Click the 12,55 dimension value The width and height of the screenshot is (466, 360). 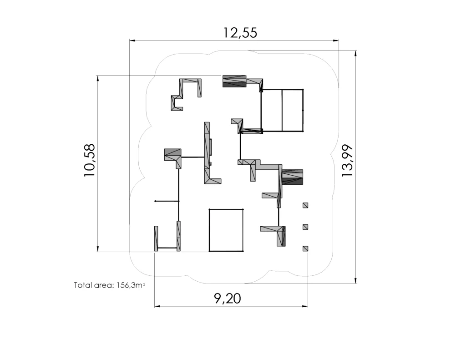pos(240,32)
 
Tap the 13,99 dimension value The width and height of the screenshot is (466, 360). pos(347,161)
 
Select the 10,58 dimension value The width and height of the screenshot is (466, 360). pos(90,160)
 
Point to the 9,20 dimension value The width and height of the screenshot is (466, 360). pos(228,298)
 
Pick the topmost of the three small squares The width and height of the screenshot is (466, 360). pos(305,205)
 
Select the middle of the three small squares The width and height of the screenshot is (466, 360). pos(305,227)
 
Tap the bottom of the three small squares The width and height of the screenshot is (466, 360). pos(305,248)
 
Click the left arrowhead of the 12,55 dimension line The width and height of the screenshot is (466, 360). pos(132,40)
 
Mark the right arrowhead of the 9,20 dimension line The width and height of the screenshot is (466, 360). pos(305,306)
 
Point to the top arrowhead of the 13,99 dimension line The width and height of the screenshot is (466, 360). pos(355,54)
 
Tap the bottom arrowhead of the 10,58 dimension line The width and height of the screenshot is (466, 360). pos(97,249)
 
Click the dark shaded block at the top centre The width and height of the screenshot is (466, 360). pos(234,81)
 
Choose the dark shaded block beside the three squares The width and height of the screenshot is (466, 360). pos(293,177)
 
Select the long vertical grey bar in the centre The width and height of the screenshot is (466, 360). pos(207,153)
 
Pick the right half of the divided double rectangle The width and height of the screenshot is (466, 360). pos(303,110)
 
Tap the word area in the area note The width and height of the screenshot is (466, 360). pos(104,285)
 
